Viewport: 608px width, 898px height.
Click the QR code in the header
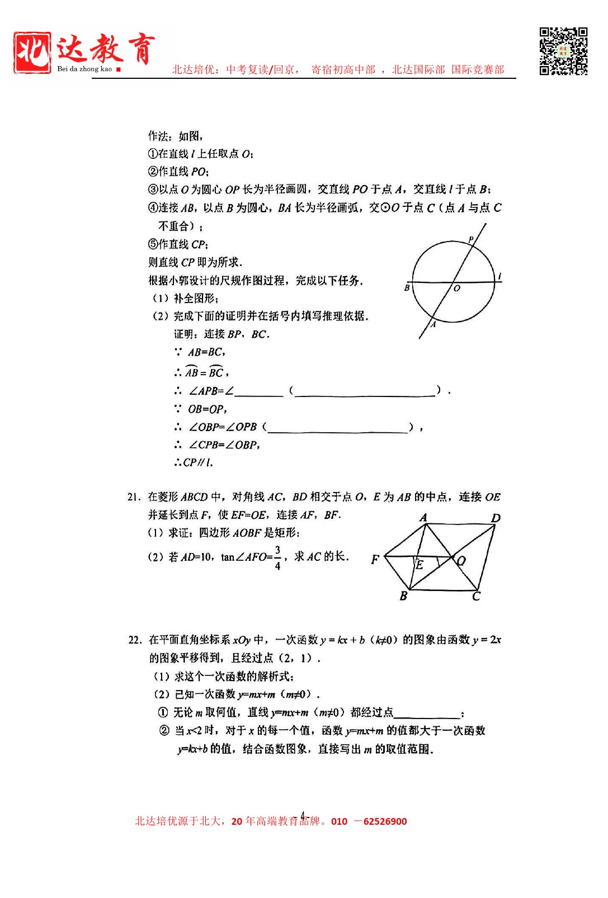(x=563, y=51)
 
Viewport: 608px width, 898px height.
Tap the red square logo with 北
(x=32, y=53)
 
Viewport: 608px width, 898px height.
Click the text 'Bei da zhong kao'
(x=84, y=69)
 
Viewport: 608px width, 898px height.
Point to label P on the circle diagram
(x=471, y=239)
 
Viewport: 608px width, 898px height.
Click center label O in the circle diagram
(x=457, y=289)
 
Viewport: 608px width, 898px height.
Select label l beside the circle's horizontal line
(x=499, y=276)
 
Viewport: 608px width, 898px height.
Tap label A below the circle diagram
(x=433, y=324)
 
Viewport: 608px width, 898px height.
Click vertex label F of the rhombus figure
(x=375, y=559)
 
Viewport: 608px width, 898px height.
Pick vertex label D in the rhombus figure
(x=496, y=518)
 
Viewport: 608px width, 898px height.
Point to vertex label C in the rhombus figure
(x=476, y=597)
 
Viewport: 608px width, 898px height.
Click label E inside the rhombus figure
(x=420, y=565)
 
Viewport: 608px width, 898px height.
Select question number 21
(x=133, y=497)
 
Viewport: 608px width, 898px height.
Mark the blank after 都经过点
(x=426, y=713)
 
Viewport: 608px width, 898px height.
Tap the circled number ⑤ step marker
(x=153, y=244)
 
